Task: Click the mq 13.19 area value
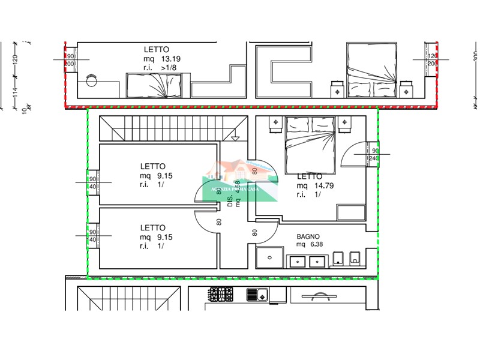(x=161, y=59)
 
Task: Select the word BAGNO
(x=307, y=236)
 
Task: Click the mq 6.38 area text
(x=308, y=245)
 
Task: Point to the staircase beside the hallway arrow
(x=173, y=127)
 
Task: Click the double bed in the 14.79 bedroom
(x=310, y=144)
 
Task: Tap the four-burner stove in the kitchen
(x=220, y=294)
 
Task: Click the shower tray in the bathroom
(x=269, y=258)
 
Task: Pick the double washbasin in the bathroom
(x=307, y=260)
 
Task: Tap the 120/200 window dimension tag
(x=431, y=59)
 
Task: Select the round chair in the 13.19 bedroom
(x=92, y=80)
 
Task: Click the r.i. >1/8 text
(x=160, y=68)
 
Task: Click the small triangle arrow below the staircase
(x=235, y=137)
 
